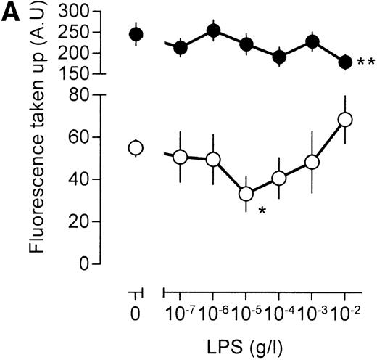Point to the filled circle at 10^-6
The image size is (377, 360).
click(213, 30)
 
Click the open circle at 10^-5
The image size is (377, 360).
click(246, 194)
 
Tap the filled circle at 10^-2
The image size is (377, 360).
click(345, 62)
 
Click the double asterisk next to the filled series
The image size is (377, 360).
click(365, 65)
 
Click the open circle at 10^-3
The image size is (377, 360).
click(312, 163)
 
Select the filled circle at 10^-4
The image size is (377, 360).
click(279, 57)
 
